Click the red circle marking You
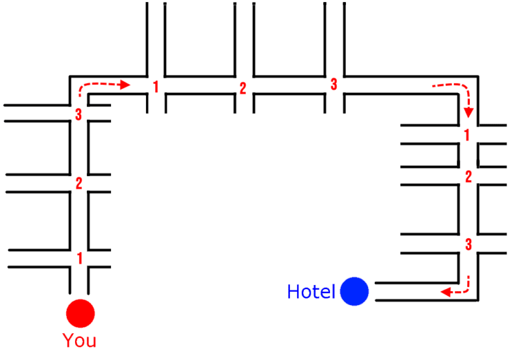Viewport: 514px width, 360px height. coord(80,312)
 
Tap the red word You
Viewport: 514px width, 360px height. coord(80,341)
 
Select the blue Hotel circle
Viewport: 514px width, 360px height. coord(355,292)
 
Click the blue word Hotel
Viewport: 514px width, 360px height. coord(311,292)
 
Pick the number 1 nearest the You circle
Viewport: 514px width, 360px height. coord(80,257)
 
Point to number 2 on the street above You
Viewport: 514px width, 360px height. coord(79,183)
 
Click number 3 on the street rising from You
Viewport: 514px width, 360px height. coord(78,115)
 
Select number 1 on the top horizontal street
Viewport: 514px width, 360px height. coord(155,86)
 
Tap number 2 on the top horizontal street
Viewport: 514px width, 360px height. coord(242,88)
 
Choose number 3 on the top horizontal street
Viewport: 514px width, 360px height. coord(333,85)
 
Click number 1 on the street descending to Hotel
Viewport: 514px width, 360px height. coord(467,134)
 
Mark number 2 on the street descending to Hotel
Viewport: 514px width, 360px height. coord(468,176)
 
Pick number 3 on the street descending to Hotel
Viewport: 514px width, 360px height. coord(468,244)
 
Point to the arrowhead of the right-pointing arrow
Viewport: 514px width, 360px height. coord(125,85)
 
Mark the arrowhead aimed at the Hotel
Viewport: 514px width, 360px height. coord(444,292)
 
